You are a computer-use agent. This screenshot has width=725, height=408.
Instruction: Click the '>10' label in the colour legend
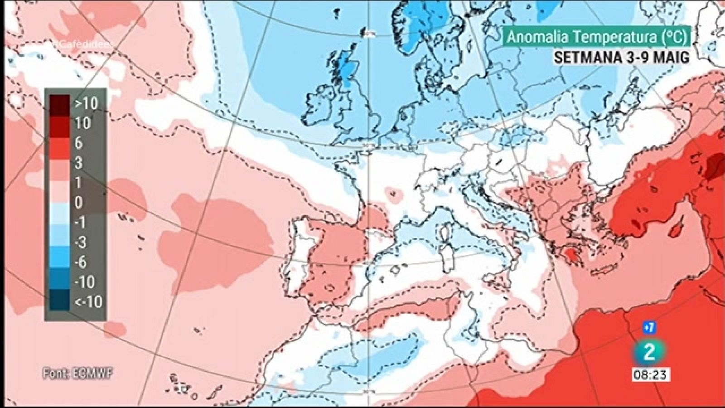click(x=86, y=103)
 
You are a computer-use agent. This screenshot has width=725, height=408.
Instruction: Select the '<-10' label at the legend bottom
click(x=88, y=301)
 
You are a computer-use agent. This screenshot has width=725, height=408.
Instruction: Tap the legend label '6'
click(x=78, y=143)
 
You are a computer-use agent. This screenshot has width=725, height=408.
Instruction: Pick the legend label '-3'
click(x=80, y=243)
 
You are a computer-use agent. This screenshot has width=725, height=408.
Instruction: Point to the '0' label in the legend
click(x=78, y=203)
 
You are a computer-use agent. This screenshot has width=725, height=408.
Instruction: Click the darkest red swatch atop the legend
click(x=59, y=103)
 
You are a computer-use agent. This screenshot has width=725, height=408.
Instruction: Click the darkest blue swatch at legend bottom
click(x=59, y=301)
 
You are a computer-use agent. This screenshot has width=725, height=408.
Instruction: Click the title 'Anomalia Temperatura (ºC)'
click(x=597, y=37)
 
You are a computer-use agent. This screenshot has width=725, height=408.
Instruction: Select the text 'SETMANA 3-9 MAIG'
click(x=621, y=58)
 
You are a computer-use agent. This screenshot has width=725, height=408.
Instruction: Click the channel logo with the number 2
click(x=649, y=351)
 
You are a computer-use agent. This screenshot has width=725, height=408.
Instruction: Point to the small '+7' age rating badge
click(x=649, y=326)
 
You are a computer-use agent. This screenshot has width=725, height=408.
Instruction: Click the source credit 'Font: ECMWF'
click(x=77, y=374)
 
